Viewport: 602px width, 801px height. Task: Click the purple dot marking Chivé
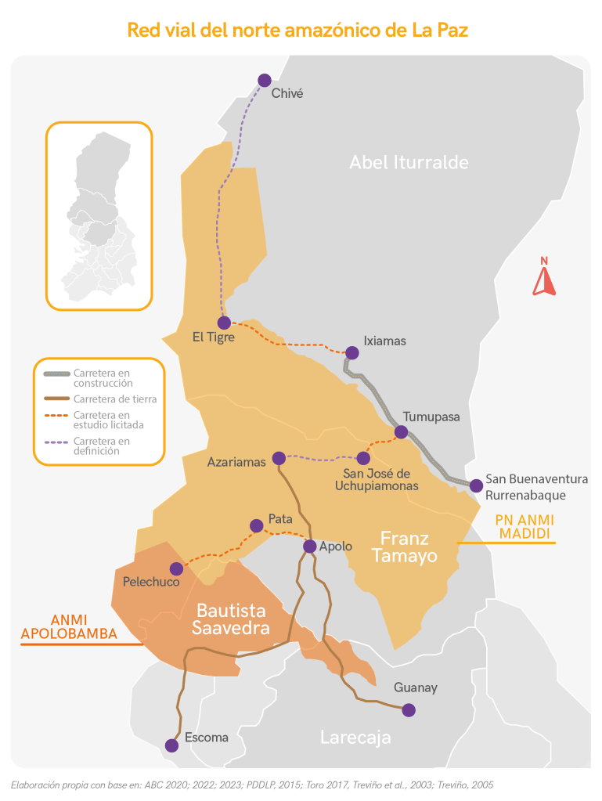pyautogui.click(x=265, y=80)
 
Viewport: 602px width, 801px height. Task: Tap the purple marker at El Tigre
pyautogui.click(x=225, y=323)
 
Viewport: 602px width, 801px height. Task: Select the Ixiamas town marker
pyautogui.click(x=351, y=353)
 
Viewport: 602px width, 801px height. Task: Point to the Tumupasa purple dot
pyautogui.click(x=402, y=432)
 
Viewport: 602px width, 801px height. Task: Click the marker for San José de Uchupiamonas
pyautogui.click(x=363, y=458)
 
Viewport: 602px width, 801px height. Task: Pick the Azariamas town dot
pyautogui.click(x=278, y=458)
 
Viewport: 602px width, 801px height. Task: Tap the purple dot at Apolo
pyautogui.click(x=310, y=547)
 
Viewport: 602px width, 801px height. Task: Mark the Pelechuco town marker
pyautogui.click(x=177, y=568)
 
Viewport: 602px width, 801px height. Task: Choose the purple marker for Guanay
pyautogui.click(x=408, y=710)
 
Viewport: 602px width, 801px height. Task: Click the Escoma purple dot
pyautogui.click(x=172, y=745)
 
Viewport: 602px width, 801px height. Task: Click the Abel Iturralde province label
pyautogui.click(x=409, y=162)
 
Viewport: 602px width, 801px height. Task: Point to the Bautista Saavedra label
pyautogui.click(x=231, y=619)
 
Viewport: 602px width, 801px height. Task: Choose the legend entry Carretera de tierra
pyautogui.click(x=114, y=399)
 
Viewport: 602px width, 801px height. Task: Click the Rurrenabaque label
pyautogui.click(x=525, y=495)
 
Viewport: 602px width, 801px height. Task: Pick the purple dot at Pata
pyautogui.click(x=256, y=525)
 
